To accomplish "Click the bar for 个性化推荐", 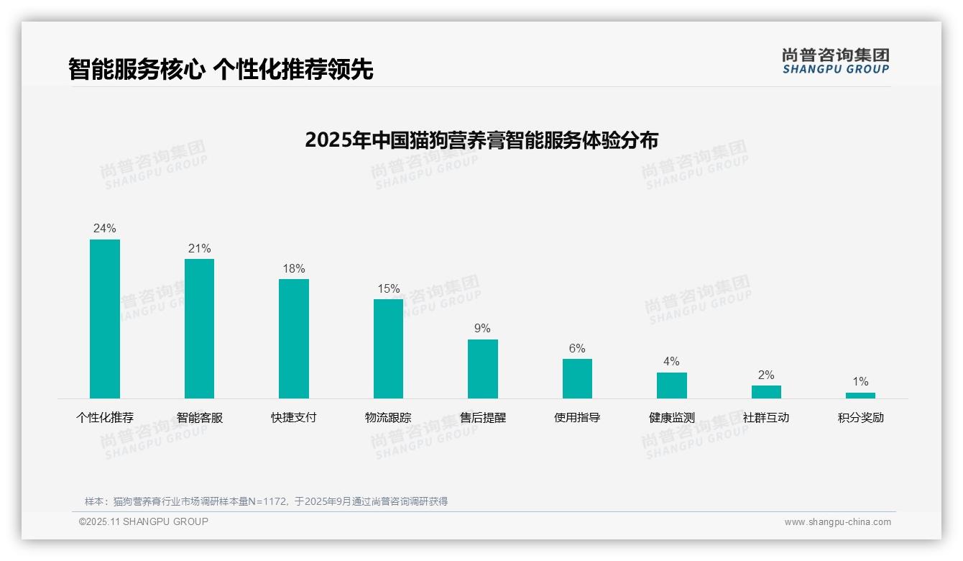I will (105, 319).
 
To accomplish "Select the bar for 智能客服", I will (199, 329).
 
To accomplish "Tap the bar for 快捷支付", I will (294, 339).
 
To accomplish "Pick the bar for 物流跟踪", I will (388, 349).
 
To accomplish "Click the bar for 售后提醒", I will (483, 369).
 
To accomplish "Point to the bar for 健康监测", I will (671, 386).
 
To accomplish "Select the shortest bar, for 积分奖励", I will (860, 396).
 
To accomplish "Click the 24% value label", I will (105, 229).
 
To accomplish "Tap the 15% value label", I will (388, 288).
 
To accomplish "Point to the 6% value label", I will (577, 349).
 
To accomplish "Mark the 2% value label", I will (766, 375).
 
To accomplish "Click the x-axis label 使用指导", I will (577, 417).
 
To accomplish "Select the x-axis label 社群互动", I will (766, 417).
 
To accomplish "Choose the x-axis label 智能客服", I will (200, 417).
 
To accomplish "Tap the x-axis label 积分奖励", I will (860, 417).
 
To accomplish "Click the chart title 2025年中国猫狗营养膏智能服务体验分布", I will (481, 140).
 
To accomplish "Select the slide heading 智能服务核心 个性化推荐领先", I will (221, 69).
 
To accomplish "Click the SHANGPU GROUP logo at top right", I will (835, 61).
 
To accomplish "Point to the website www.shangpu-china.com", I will (837, 522).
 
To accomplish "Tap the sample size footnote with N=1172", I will (266, 501).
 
